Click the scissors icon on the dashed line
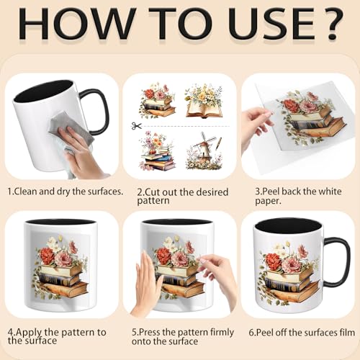click(136, 126)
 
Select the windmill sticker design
click(204, 150)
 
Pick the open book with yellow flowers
click(204, 102)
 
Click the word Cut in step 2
click(152, 192)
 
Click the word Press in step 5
click(150, 333)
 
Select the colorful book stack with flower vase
click(157, 150)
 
